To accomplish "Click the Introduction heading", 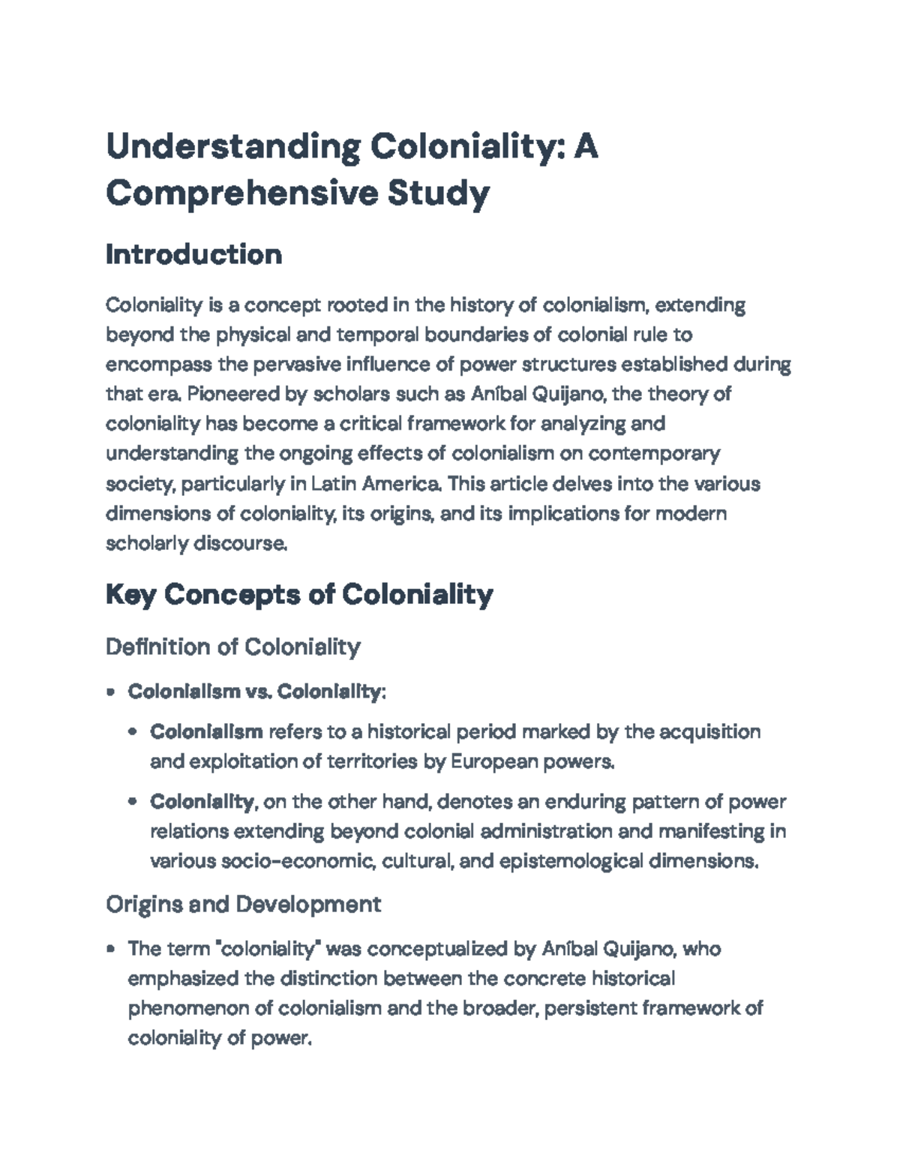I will pos(193,254).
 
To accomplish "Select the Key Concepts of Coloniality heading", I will pos(299,595).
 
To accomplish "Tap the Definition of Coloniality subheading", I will pos(233,646).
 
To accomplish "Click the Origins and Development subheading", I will pos(244,904).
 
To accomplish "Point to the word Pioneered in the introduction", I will pos(229,394).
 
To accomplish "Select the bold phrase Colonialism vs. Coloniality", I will pos(255,691).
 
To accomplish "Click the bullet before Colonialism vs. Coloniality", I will pos(111,692).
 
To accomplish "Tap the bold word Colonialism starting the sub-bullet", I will pos(206,731).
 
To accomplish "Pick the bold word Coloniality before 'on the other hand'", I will pos(202,802).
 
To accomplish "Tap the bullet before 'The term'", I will pos(111,950).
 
